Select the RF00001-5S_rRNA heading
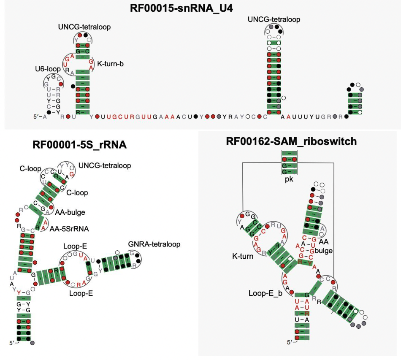pyautogui.click(x=80, y=145)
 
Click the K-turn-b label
pyautogui.click(x=111, y=63)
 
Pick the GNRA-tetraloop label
pyautogui.click(x=154, y=244)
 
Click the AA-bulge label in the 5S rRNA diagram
pyautogui.click(x=70, y=212)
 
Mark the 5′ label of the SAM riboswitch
pyautogui.click(x=290, y=342)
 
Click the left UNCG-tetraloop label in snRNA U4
pyautogui.click(x=84, y=27)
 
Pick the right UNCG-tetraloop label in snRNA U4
pyautogui.click(x=274, y=19)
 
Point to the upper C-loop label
pyautogui.click(x=30, y=168)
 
